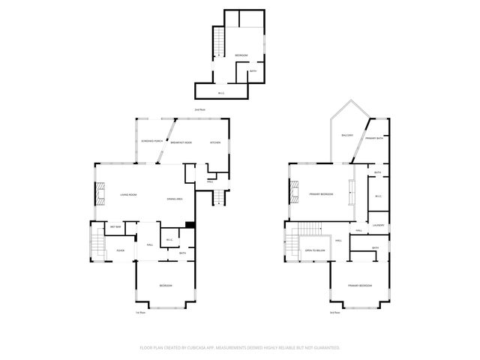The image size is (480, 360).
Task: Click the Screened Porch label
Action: point(152,142)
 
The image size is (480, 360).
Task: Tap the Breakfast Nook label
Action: point(181,142)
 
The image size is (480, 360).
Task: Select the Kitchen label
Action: point(214,142)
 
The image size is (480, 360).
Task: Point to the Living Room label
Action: point(128,195)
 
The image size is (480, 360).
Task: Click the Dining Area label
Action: point(175,198)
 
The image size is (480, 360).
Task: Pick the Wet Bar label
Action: point(116,226)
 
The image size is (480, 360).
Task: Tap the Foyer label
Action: point(120,250)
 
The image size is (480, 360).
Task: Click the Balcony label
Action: point(346,135)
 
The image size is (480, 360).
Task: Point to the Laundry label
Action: point(378,225)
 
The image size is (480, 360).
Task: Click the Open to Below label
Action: point(314,250)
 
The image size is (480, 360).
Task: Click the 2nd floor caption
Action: point(199,110)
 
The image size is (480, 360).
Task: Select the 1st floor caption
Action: point(139,312)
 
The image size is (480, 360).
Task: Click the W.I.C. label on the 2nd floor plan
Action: point(221,93)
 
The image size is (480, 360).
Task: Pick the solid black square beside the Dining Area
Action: point(190,224)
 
